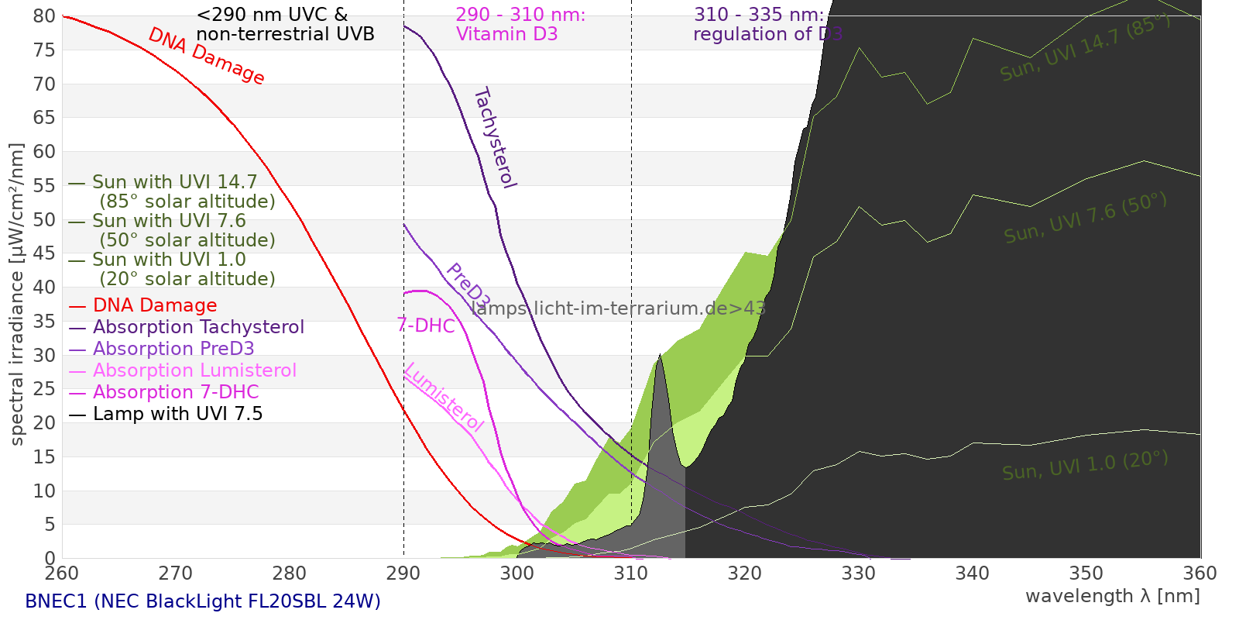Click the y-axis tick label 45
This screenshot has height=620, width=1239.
coord(44,253)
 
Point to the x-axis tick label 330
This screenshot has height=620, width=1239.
coord(858,573)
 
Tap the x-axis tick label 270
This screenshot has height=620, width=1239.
coord(175,573)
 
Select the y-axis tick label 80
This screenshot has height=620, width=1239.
coord(44,16)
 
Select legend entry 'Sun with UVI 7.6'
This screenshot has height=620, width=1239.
coord(169,221)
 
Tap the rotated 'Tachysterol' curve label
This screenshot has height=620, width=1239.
coord(495,138)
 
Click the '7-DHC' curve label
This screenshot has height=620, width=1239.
coord(426,325)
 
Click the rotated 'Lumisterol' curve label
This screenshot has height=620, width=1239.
coord(444,397)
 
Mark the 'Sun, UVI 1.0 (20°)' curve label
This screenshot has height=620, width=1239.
coord(1085,466)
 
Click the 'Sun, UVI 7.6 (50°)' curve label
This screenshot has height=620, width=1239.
coord(1085,218)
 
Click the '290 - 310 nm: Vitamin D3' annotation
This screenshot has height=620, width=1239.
coord(520,25)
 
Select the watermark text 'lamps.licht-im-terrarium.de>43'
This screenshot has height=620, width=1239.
coord(618,308)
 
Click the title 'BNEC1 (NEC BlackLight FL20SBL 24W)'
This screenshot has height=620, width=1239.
coord(203,601)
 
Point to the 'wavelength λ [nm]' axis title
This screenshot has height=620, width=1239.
coord(1112,596)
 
